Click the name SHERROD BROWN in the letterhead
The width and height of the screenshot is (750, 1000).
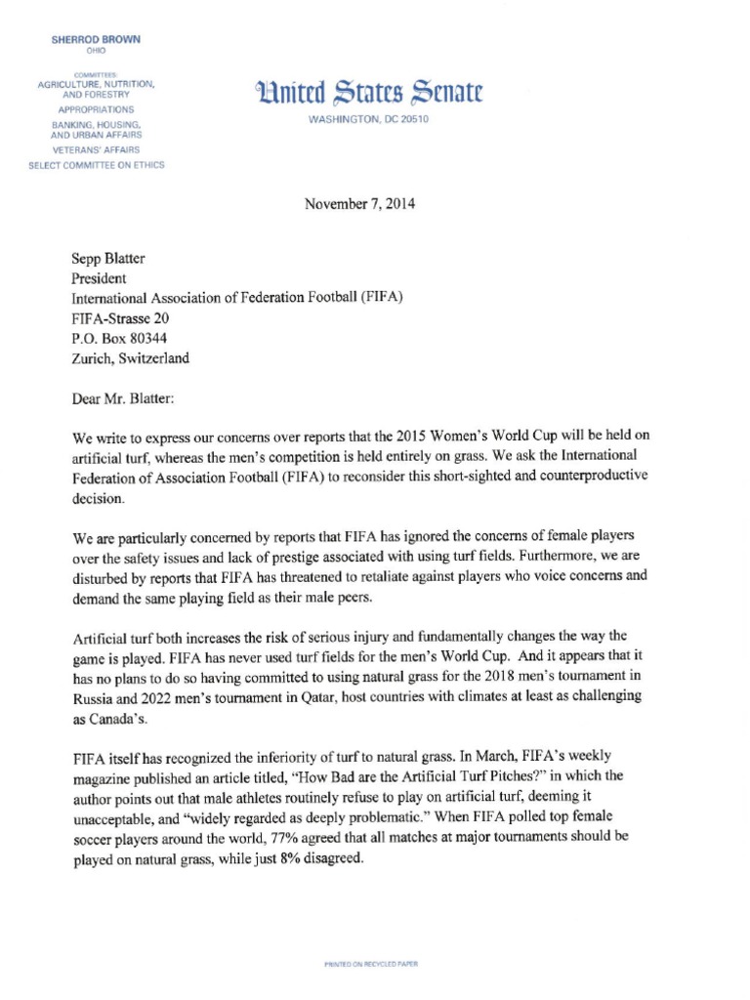point(96,39)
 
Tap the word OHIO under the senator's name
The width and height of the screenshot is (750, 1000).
point(96,51)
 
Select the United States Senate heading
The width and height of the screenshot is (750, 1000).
point(367,94)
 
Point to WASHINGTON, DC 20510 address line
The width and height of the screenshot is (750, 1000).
point(368,119)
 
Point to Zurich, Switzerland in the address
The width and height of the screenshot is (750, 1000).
point(131,357)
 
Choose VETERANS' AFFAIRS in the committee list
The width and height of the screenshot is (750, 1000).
point(96,150)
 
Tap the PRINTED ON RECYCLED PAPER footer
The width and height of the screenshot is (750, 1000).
point(370,964)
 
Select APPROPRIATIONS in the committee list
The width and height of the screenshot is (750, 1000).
point(96,110)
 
